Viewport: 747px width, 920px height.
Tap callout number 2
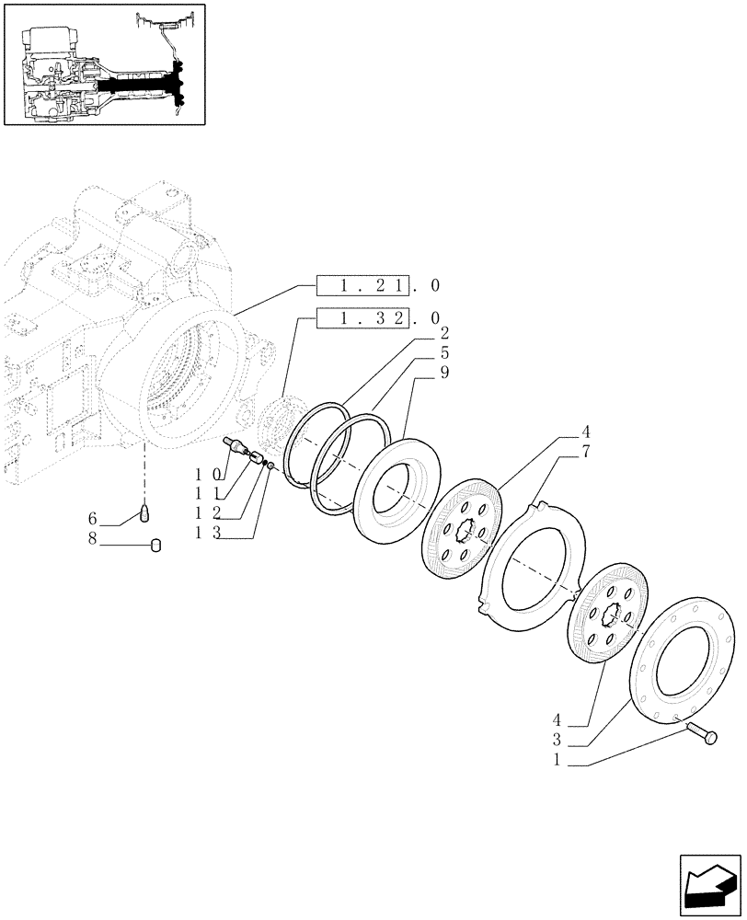419,333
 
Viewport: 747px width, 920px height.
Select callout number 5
419,352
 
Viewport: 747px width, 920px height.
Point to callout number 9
419,373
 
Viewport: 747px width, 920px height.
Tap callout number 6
92,519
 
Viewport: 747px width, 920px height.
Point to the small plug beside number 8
155,545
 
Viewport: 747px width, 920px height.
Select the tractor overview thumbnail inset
105,63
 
